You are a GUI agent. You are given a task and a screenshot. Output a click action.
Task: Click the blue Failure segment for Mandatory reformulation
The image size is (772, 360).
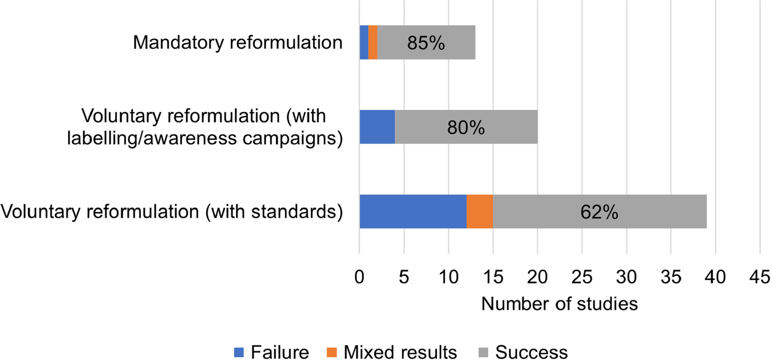coord(364,42)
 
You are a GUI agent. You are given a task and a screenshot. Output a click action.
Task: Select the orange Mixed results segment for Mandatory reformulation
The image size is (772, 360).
coord(373,42)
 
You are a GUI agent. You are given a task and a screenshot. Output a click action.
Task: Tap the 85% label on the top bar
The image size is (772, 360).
coord(426,43)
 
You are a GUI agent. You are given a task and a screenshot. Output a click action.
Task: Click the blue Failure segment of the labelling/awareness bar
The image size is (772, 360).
coord(377,127)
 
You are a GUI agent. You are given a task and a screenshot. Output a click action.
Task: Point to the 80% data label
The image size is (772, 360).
coord(466,128)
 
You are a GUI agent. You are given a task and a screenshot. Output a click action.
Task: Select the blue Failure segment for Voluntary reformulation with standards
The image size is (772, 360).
coord(413,211)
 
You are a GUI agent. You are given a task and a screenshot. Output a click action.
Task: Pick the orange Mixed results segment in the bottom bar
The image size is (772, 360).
coord(480,211)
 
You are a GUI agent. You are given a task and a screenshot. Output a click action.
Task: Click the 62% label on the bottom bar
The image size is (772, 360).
coord(600,212)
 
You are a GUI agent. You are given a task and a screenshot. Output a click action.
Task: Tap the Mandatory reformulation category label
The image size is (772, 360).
coord(238,43)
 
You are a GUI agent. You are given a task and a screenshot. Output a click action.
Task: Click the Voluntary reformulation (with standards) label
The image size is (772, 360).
coord(172,211)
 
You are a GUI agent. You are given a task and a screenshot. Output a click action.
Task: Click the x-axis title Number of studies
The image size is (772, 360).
coord(560,304)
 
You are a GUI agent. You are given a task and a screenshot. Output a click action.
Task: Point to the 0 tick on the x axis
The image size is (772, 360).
coord(360,277)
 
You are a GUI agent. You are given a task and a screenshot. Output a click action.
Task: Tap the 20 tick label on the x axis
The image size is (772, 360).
coord(538,277)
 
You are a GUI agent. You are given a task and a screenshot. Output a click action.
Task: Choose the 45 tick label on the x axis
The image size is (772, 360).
coord(761,277)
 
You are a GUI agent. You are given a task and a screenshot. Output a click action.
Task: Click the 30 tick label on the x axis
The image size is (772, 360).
coord(627,277)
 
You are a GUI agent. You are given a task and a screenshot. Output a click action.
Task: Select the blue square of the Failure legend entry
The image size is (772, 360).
coord(239,352)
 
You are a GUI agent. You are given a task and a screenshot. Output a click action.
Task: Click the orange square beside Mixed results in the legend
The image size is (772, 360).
coord(332,352)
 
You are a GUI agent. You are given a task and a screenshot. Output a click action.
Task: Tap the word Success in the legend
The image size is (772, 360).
coord(531,353)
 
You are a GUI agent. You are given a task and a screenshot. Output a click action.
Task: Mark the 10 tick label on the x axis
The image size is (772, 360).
coord(448,277)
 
